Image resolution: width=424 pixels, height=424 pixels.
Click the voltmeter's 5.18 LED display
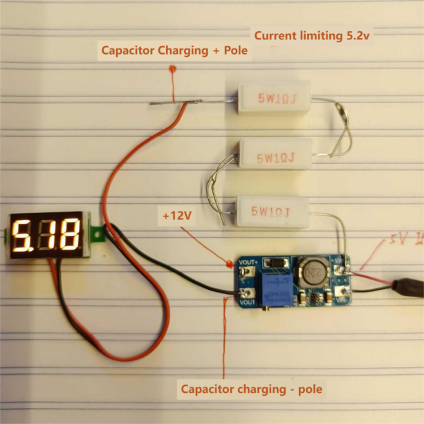tap(46, 236)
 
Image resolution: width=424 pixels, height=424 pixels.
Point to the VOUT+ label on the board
tap(247, 263)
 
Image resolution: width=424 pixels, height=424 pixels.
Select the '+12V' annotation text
tap(176, 216)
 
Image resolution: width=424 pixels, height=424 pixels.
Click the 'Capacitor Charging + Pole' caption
tap(174, 50)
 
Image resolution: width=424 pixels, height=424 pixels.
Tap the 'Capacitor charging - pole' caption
tap(251, 389)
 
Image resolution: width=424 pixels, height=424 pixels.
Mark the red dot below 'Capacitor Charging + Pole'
tap(172, 69)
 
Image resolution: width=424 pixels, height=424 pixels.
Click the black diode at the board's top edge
tap(277, 263)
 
